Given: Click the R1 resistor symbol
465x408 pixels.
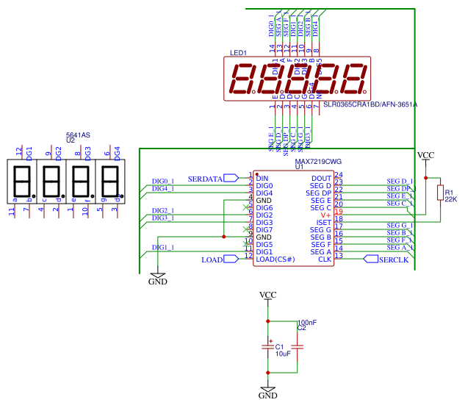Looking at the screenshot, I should click(439, 193).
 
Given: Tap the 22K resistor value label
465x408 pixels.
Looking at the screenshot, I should click(450, 199).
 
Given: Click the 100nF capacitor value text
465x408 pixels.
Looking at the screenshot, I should click(307, 322).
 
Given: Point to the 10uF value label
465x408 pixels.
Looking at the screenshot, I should click(283, 354).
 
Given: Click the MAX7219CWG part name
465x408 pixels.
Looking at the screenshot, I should click(318, 160).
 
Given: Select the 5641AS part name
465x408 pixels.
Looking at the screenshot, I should click(78, 135).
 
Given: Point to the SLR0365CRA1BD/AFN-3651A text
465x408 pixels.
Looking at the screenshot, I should click(370, 104).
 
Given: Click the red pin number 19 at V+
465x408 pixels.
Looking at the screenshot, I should click(338, 211).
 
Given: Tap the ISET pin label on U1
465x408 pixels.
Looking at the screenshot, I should click(324, 222).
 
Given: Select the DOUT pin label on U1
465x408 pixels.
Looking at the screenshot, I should click(322, 178).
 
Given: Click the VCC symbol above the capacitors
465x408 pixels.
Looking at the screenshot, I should click(268, 296).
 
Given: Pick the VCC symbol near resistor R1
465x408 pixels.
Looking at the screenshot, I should click(425, 156).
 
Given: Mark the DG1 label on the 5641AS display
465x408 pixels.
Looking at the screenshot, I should click(29, 153).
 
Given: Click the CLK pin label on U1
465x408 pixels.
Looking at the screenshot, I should click(325, 259).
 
